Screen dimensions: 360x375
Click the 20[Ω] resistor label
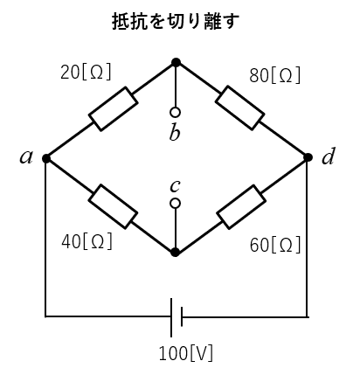[x=86, y=72]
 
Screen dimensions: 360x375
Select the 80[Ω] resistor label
[x=274, y=75]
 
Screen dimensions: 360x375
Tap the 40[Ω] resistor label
[x=87, y=241]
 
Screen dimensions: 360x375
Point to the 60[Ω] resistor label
[x=275, y=245]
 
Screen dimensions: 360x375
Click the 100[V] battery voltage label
[x=186, y=353]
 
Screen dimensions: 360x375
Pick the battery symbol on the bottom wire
[x=177, y=317]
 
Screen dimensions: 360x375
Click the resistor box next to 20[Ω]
[x=114, y=109]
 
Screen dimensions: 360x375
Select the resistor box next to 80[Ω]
[x=240, y=108]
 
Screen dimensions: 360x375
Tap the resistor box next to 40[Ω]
[x=113, y=206]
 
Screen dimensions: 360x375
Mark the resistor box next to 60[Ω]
[x=241, y=206]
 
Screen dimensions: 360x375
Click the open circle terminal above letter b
[x=175, y=112]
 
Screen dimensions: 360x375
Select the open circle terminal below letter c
[x=175, y=204]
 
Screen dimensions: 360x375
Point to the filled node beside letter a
[x=46, y=158]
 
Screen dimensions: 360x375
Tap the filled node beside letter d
[x=308, y=157]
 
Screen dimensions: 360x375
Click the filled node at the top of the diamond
[x=176, y=62]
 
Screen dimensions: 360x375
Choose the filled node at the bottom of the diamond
[x=175, y=253]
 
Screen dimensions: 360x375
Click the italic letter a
[x=26, y=157]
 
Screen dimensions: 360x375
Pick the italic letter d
[x=328, y=156]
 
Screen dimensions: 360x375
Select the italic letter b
[x=175, y=132]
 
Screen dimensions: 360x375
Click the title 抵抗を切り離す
[x=176, y=21]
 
